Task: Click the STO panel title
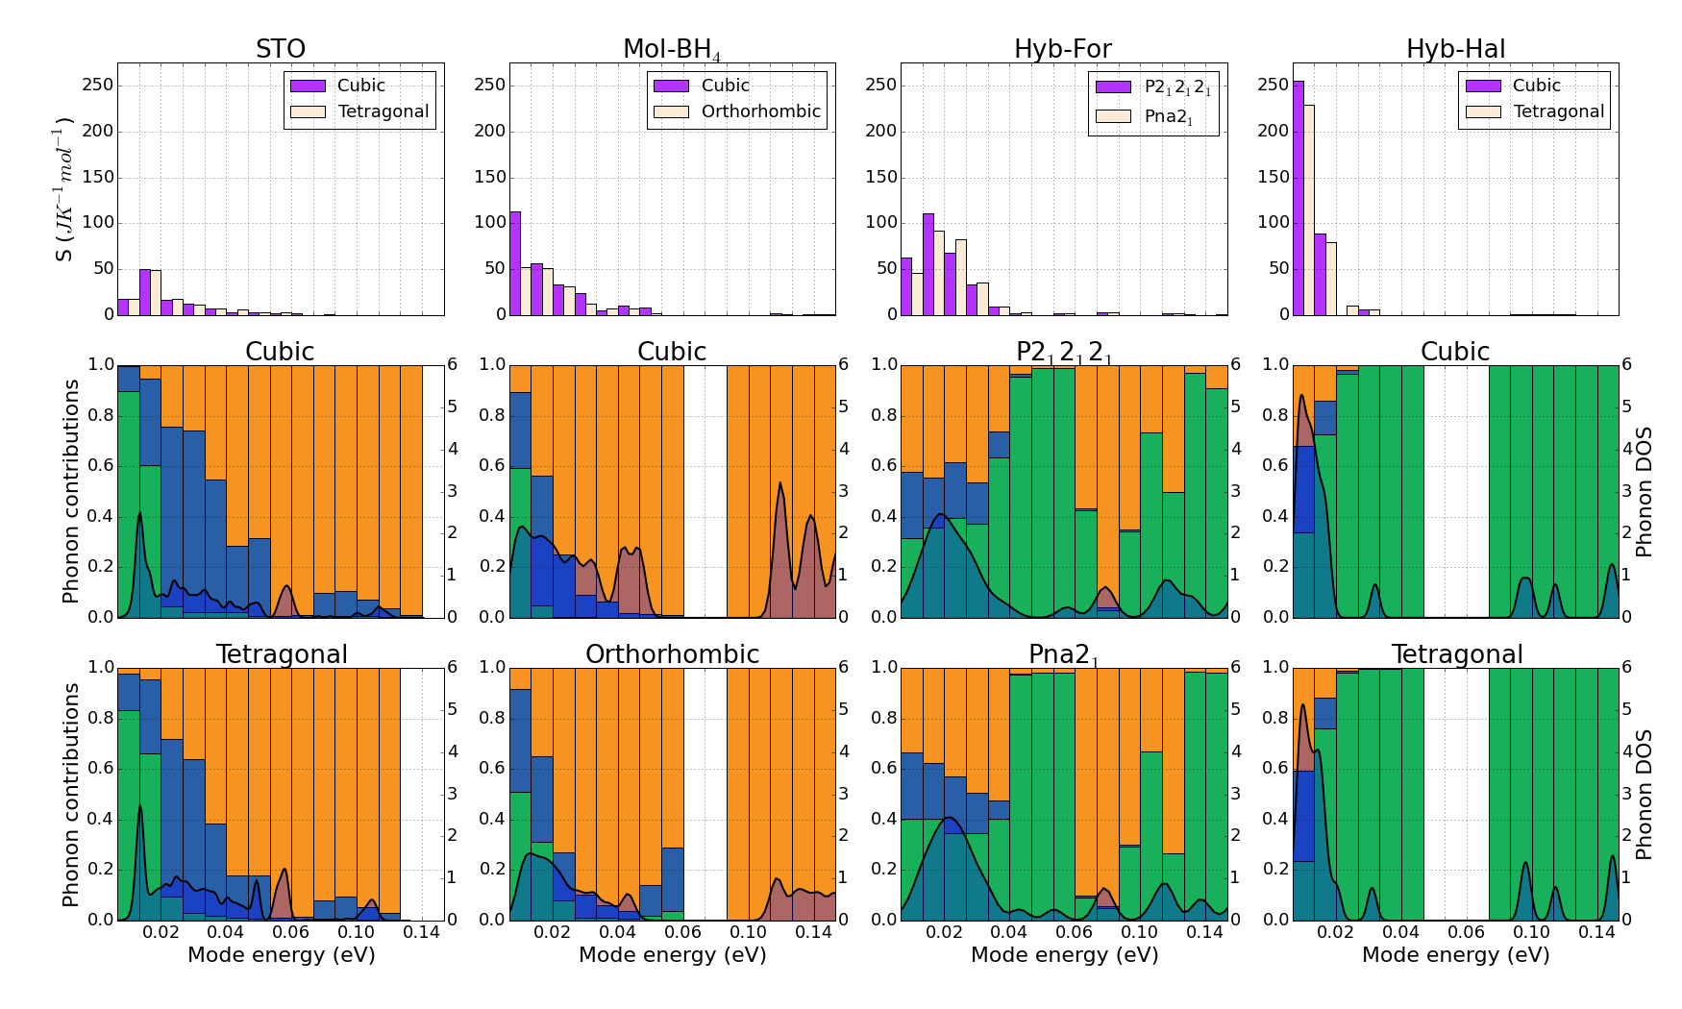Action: pyautogui.click(x=281, y=49)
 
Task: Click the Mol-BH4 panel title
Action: pyautogui.click(x=672, y=50)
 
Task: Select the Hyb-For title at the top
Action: pyautogui.click(x=1063, y=49)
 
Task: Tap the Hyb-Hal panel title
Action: pyautogui.click(x=1455, y=49)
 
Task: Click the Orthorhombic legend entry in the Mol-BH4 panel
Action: pyautogui.click(x=760, y=111)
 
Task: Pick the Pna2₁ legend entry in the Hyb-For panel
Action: pyautogui.click(x=1169, y=117)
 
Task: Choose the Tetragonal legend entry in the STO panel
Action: pyautogui.click(x=383, y=111)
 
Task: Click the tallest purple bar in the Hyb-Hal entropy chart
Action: pyautogui.click(x=1298, y=197)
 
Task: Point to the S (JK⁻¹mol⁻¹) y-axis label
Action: pyautogui.click(x=63, y=189)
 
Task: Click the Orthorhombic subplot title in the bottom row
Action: pyautogui.click(x=672, y=654)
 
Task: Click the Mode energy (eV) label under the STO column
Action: pyautogui.click(x=281, y=955)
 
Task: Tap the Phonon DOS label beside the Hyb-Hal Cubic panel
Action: pyautogui.click(x=1644, y=491)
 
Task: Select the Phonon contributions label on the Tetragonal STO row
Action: pyautogui.click(x=70, y=795)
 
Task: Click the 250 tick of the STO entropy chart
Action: pyautogui.click(x=99, y=86)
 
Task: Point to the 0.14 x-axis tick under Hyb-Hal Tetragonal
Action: pyautogui.click(x=1596, y=932)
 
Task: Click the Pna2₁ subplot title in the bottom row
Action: pyautogui.click(x=1063, y=655)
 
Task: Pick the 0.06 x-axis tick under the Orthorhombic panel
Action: pyautogui.click(x=682, y=932)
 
